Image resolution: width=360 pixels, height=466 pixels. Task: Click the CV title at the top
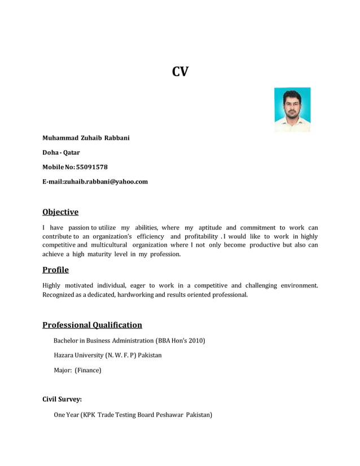pos(180,72)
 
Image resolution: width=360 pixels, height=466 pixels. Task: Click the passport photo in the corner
pos(292,109)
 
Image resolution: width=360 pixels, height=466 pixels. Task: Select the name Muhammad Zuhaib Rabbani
pos(86,138)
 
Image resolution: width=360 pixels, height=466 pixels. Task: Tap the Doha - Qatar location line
pos(61,152)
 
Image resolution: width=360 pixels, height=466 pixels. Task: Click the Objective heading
pos(60,212)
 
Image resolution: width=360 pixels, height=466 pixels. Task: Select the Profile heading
pos(55,270)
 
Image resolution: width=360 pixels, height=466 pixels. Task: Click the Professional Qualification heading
pos(92,325)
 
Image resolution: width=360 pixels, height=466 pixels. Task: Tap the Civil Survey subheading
pos(62,399)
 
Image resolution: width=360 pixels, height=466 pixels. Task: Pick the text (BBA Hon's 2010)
pos(180,341)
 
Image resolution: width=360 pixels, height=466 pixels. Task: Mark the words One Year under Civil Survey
pos(65,415)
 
